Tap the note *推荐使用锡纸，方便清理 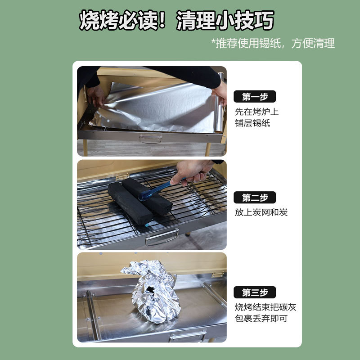273,43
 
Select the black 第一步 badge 254,97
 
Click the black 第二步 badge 254,198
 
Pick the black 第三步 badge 254,292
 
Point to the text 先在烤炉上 257,112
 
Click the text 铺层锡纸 252,123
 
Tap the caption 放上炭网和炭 261,212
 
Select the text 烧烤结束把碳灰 265,307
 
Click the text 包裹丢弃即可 261,319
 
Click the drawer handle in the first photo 150,139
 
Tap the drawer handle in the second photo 162,237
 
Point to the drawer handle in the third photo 188,336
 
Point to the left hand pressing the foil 96,95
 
